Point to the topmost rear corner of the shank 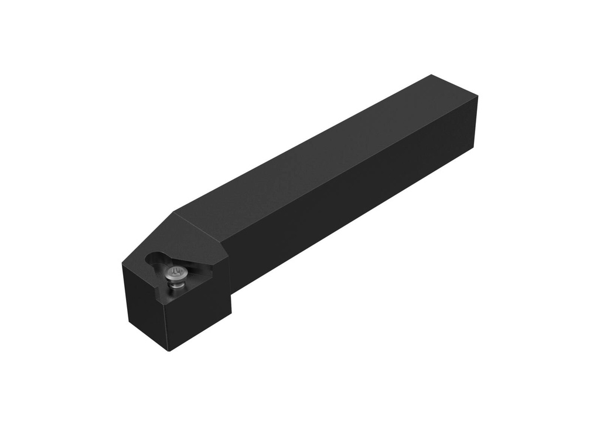coord(432,75)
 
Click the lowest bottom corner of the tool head coord(169,351)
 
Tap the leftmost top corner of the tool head coord(122,264)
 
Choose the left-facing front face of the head coord(144,305)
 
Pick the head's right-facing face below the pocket coord(196,317)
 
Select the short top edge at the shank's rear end coord(455,86)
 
